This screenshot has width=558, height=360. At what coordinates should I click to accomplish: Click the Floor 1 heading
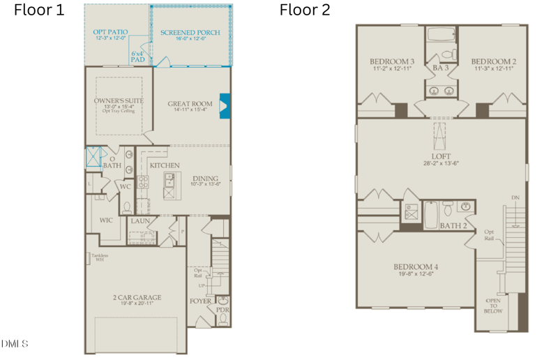[x=39, y=10]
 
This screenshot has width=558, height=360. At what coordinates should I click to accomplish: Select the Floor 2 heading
[x=305, y=10]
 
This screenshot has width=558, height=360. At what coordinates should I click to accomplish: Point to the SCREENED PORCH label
[x=190, y=33]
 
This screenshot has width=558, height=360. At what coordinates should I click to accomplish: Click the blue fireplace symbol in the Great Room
[x=225, y=105]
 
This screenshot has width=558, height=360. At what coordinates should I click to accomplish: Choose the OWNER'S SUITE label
[x=119, y=101]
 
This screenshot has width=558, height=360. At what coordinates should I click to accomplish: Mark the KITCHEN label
[x=165, y=165]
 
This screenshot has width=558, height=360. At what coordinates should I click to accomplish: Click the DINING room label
[x=205, y=178]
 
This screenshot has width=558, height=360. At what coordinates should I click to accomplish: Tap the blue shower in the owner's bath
[x=93, y=157]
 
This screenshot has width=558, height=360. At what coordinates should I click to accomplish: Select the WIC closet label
[x=106, y=220]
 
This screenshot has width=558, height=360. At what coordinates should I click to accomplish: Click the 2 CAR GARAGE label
[x=137, y=297]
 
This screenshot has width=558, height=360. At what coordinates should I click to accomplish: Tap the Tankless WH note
[x=100, y=257]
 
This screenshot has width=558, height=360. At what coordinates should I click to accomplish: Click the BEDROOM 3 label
[x=392, y=61]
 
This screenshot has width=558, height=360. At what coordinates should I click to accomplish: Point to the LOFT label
[x=441, y=156]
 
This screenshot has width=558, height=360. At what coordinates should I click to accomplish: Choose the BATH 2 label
[x=453, y=225]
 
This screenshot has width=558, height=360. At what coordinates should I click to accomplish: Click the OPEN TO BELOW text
[x=493, y=306]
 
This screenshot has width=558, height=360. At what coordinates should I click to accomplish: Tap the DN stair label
[x=515, y=197]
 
